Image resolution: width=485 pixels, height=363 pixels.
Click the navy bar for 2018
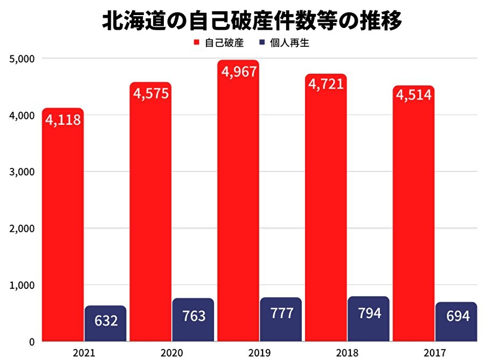point(369,319)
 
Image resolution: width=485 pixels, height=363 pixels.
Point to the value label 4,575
point(150,93)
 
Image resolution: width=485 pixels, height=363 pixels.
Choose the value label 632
point(106,321)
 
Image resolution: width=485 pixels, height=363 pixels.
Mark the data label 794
point(369,314)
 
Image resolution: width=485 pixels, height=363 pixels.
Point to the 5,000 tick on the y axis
point(23,58)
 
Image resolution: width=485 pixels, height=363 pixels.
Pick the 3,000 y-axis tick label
point(23,172)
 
